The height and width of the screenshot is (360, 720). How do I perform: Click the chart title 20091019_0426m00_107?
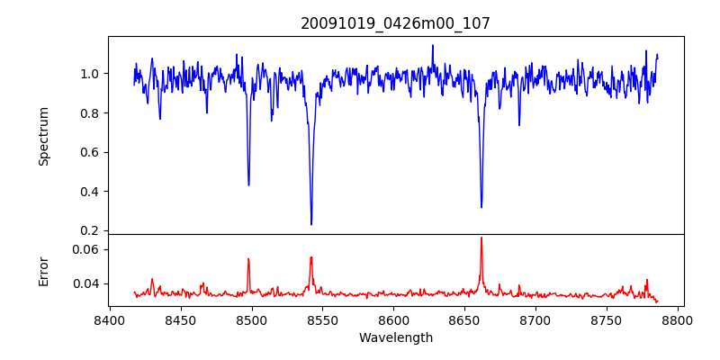(x=395, y=23)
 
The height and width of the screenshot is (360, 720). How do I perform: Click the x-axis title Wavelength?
(x=395, y=338)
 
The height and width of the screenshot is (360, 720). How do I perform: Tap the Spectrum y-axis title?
(x=43, y=136)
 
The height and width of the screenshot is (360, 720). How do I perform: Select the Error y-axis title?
(x=43, y=270)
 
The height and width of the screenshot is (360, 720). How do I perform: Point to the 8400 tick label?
(x=109, y=319)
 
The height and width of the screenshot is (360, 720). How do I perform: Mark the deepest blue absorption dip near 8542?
(x=311, y=224)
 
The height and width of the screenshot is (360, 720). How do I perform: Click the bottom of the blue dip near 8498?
(x=248, y=184)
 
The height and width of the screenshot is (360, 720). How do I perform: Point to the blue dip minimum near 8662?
(x=481, y=207)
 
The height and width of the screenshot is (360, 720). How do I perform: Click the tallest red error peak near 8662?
(x=481, y=238)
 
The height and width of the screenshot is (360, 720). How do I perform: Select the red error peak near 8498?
(x=248, y=259)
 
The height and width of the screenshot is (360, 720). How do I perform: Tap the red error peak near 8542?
(x=311, y=257)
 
